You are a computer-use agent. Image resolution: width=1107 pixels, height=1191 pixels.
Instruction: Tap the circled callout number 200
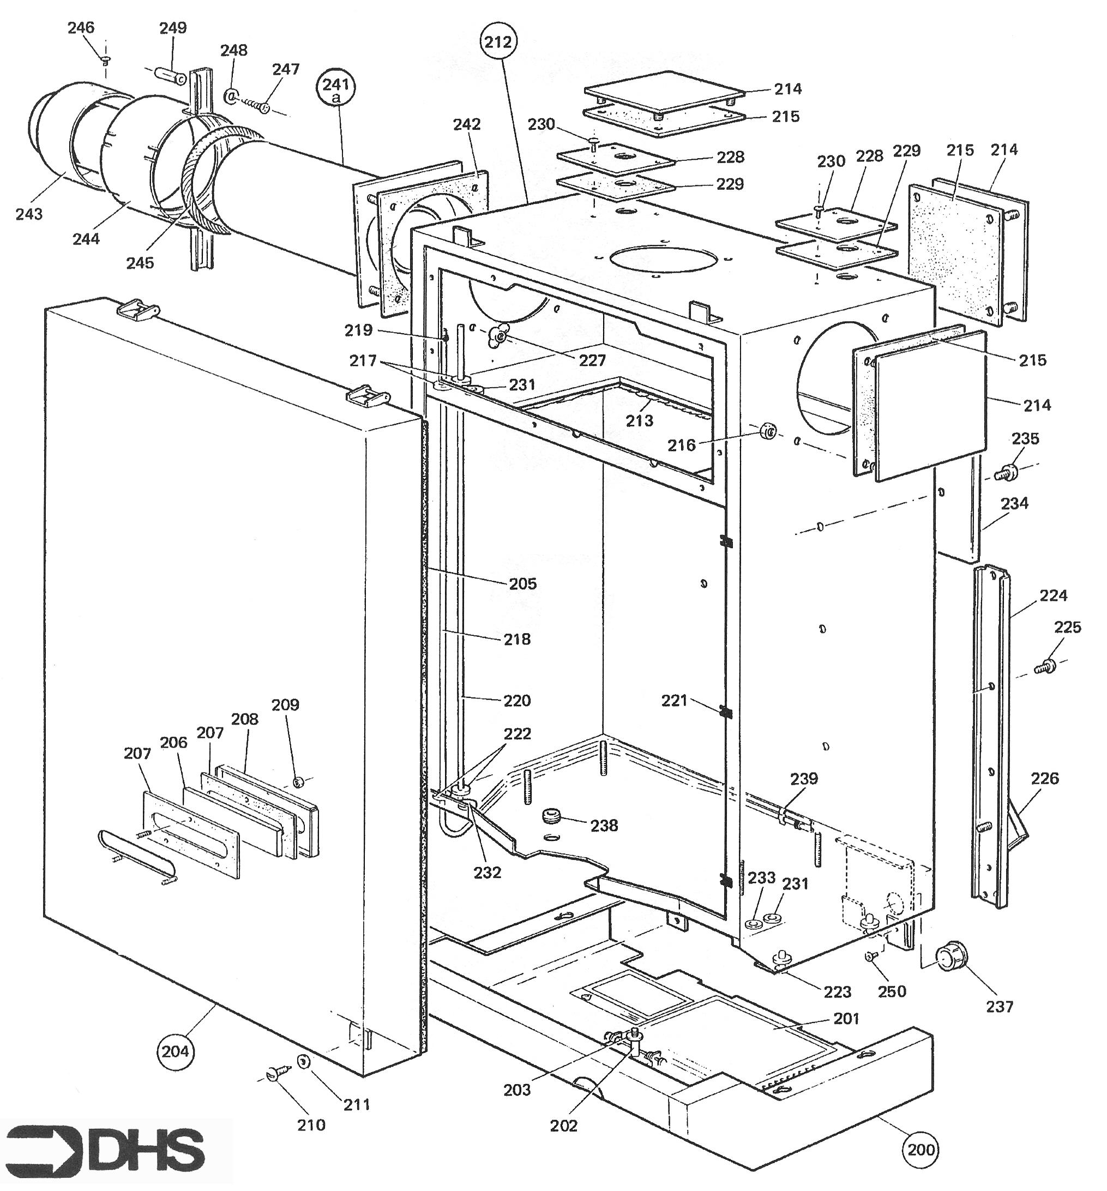[921, 1149]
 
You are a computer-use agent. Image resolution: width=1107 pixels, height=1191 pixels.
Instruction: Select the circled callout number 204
[175, 1051]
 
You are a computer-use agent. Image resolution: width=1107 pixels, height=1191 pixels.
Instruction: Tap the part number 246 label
[81, 28]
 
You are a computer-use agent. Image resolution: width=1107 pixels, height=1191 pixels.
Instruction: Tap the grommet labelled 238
[551, 816]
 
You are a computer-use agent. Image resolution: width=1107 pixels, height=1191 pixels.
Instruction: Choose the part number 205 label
[523, 584]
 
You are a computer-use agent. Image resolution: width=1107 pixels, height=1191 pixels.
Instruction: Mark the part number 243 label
[29, 214]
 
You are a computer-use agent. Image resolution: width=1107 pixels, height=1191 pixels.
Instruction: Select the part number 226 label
[1045, 778]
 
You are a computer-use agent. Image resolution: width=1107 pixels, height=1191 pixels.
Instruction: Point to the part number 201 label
[846, 1018]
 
